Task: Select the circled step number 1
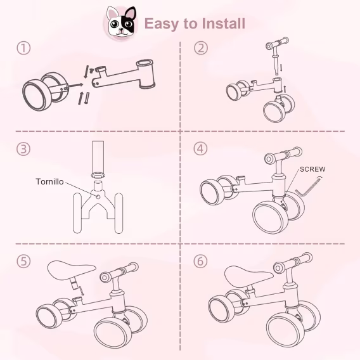(x=23, y=48)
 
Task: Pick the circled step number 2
(x=201, y=48)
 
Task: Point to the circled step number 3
(x=23, y=149)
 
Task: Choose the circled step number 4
(x=201, y=148)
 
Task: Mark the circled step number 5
(x=23, y=261)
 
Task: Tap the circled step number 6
(x=201, y=261)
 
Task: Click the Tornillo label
(x=49, y=182)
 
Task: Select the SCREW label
(x=312, y=169)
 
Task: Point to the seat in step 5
(x=72, y=271)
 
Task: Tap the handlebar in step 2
(x=277, y=44)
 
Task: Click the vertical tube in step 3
(x=98, y=158)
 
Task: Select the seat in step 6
(x=248, y=276)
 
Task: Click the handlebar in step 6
(x=292, y=263)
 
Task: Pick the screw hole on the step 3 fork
(x=98, y=196)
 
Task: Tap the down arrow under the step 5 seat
(x=82, y=291)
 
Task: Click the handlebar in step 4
(x=283, y=155)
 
